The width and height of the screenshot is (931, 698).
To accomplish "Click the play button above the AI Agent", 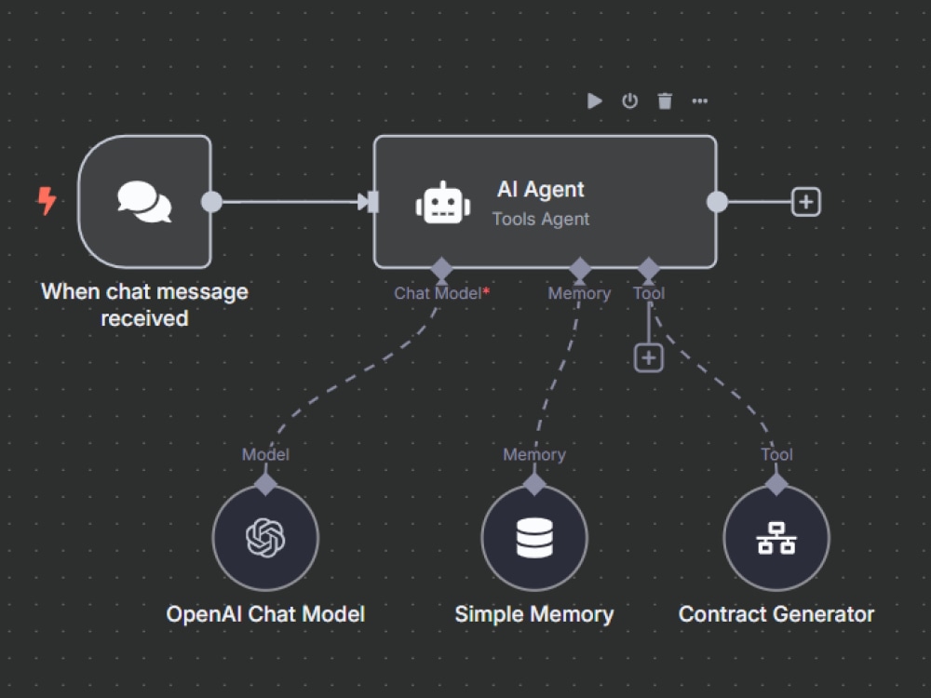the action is [x=594, y=101].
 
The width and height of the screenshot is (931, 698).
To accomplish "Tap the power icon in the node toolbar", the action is [x=629, y=101].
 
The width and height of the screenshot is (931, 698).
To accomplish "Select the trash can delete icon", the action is [x=665, y=101].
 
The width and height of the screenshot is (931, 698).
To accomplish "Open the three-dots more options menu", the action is [x=700, y=101].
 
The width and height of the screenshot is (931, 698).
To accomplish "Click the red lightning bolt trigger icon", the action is [x=47, y=201].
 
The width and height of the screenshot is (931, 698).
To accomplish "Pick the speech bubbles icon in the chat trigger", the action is [x=144, y=202].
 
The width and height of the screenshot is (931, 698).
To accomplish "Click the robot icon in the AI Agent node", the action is [x=443, y=202].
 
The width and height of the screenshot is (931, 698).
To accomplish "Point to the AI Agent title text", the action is [x=540, y=189].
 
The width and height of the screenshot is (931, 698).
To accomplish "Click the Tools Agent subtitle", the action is [x=541, y=219].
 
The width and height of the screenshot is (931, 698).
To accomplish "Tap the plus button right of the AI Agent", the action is [x=805, y=202].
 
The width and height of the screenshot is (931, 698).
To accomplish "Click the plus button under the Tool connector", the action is [x=648, y=358].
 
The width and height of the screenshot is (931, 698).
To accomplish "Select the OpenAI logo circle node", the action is [x=265, y=538].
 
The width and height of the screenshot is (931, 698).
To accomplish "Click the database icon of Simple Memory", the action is [x=534, y=538].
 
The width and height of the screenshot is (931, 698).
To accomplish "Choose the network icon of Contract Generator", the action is [x=776, y=538].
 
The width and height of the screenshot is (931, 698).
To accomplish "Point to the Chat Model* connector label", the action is [x=441, y=293].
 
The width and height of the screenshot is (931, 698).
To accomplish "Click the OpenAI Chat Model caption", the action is [x=265, y=614].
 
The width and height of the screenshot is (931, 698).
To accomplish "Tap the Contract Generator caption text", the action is [x=776, y=614].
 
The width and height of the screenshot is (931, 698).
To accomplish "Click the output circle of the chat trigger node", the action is [x=211, y=202].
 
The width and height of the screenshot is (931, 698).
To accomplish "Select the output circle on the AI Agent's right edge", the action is [x=717, y=202].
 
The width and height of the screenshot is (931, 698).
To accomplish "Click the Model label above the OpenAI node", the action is [x=265, y=455].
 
